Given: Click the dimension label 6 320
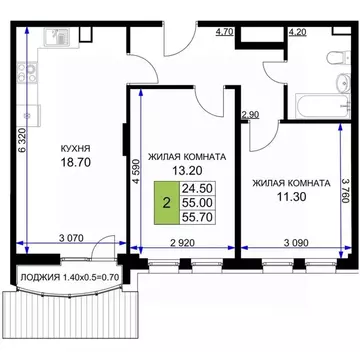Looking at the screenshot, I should pyautogui.click(x=20, y=151).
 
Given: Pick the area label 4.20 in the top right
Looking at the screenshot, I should pyautogui.click(x=297, y=32).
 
